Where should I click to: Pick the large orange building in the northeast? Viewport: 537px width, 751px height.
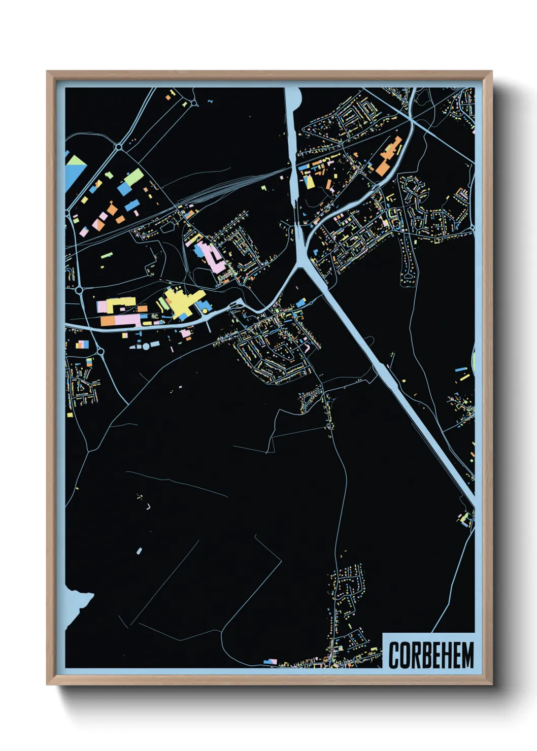388,155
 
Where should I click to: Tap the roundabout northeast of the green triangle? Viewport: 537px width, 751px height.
119,147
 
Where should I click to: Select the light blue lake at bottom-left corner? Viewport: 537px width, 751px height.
76,604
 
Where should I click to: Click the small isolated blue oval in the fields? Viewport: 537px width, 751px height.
139,551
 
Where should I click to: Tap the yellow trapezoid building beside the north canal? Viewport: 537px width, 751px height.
309,182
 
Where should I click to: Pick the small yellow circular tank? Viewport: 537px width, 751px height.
205,311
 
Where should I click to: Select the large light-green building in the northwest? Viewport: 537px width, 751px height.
134,177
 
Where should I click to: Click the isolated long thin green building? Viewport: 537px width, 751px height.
106,255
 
